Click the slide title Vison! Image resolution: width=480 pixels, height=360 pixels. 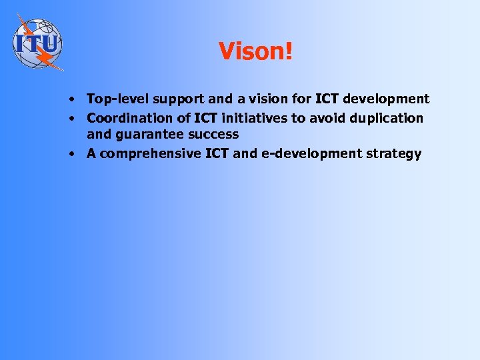pos(255,51)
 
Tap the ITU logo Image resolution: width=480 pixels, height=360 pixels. pos(37,42)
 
